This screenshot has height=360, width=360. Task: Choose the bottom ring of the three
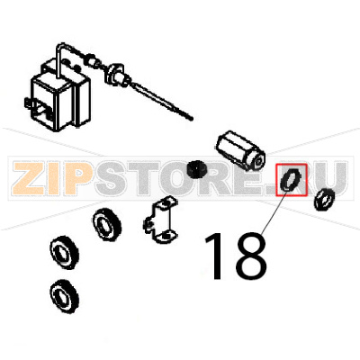[62, 292]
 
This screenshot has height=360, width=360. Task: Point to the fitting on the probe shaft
[117, 74]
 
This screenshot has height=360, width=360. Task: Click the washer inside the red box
[290, 180]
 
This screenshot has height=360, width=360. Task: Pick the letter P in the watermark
[82, 179]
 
